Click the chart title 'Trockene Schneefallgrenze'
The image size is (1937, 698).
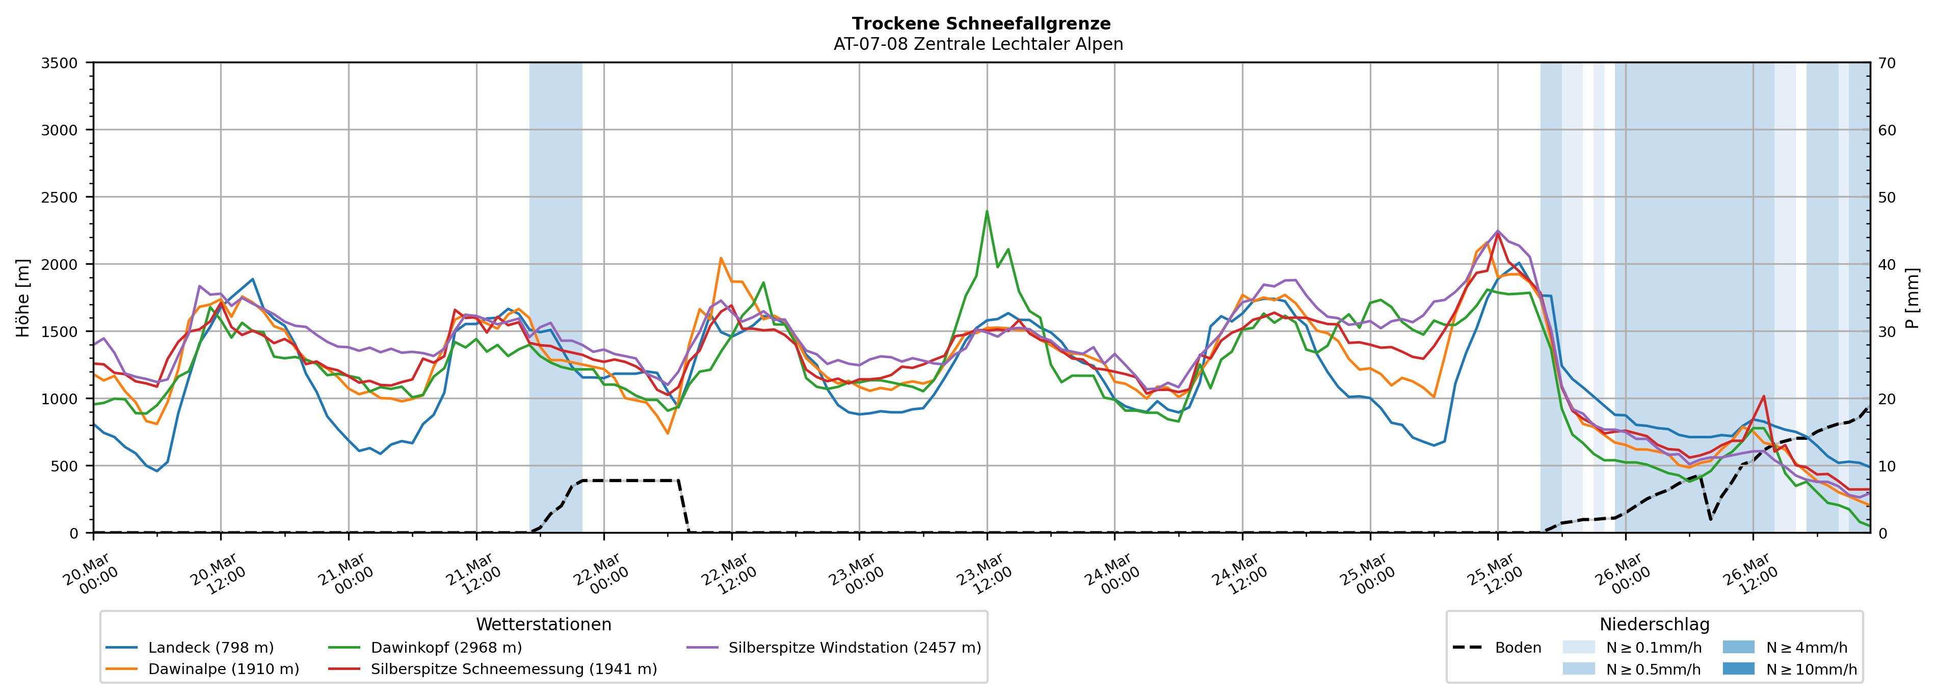980,24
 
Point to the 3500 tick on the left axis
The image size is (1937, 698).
60,63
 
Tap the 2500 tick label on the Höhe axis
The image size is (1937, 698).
60,198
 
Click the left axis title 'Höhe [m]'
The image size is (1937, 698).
23,298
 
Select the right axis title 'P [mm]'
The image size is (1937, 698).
1912,298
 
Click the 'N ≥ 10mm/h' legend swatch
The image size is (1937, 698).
1738,668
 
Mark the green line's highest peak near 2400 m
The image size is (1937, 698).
987,211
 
